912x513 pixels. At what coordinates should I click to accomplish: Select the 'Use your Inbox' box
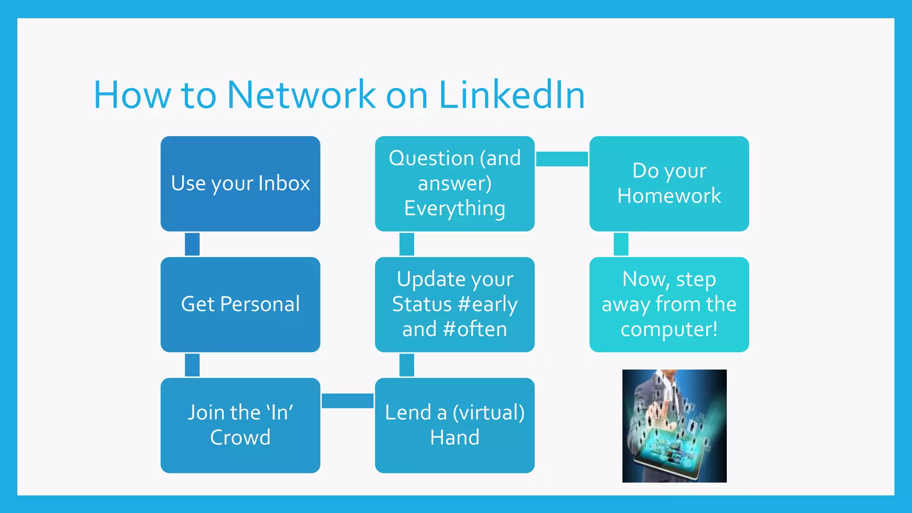tap(240, 183)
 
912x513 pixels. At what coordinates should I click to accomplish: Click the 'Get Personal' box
tap(240, 305)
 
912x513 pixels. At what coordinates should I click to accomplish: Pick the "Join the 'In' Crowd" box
tap(240, 425)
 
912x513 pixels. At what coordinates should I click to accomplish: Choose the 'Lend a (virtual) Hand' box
tap(455, 425)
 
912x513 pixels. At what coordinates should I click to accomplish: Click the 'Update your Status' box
tap(455, 305)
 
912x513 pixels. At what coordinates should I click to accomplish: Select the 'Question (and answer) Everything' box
tap(455, 183)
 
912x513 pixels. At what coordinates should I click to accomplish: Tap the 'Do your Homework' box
tap(669, 183)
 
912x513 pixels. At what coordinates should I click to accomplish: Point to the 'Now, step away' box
tap(669, 305)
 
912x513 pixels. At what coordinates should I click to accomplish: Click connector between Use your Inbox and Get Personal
tap(192, 244)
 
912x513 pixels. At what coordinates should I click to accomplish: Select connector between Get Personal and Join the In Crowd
tap(192, 365)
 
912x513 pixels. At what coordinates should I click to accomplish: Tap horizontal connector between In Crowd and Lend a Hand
tap(347, 401)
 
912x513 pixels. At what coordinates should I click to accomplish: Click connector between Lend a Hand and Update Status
tap(407, 365)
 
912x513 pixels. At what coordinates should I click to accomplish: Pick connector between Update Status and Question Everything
tap(407, 244)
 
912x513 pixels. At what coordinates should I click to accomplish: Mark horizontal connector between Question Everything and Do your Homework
tap(562, 159)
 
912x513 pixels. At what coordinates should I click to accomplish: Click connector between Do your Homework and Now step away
tap(621, 244)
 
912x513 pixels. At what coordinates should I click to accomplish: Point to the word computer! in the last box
tap(669, 330)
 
